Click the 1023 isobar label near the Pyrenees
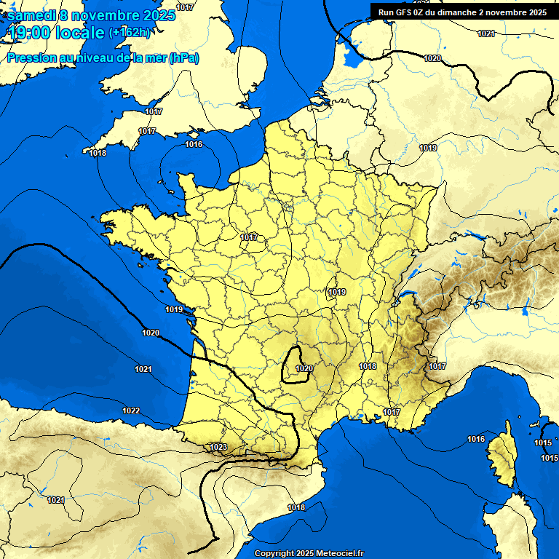pyautogui.click(x=218, y=447)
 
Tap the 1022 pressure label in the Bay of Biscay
pyautogui.click(x=131, y=411)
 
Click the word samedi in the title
pyautogui.click(x=31, y=15)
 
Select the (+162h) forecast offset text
pyautogui.click(x=130, y=33)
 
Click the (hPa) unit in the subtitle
pyautogui.click(x=183, y=58)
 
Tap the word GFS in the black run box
pyautogui.click(x=406, y=12)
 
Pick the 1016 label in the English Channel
pyautogui.click(x=194, y=145)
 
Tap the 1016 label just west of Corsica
pyautogui.click(x=476, y=439)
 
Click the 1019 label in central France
pyautogui.click(x=337, y=293)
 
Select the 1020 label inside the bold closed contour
pyautogui.click(x=304, y=369)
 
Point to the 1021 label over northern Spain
pyautogui.click(x=56, y=500)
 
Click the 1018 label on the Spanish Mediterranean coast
pyautogui.click(x=296, y=507)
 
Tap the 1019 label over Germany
pyautogui.click(x=428, y=148)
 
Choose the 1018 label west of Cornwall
pyautogui.click(x=98, y=154)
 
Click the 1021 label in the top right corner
pyautogui.click(x=486, y=34)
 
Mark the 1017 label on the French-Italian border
pyautogui.click(x=437, y=366)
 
